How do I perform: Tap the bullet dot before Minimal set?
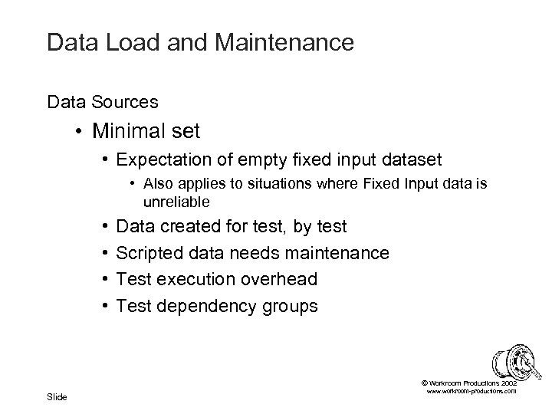coord(80,132)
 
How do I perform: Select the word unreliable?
coord(175,202)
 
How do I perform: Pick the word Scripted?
coord(148,253)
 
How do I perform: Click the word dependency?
coord(200,307)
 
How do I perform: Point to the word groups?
coord(289,307)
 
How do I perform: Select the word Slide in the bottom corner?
coord(57,396)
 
